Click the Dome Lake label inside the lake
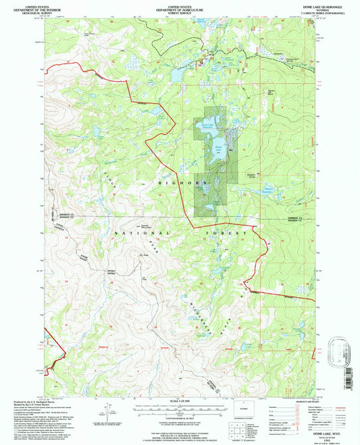[x=218, y=147]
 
